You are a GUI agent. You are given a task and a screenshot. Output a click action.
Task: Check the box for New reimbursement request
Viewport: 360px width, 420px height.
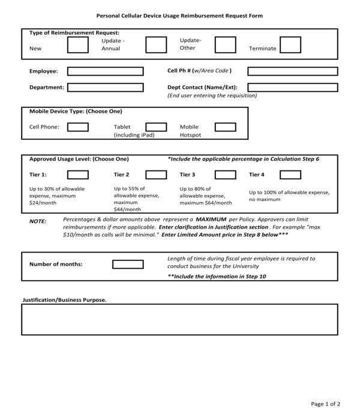[77, 45]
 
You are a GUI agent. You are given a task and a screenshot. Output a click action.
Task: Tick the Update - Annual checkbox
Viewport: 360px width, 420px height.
[156, 45]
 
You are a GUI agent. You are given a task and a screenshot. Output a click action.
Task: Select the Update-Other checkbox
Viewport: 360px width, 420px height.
[225, 45]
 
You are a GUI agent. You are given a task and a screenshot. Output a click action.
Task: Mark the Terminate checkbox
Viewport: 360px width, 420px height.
[290, 45]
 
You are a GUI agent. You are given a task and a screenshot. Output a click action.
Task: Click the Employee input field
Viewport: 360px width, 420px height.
[105, 71]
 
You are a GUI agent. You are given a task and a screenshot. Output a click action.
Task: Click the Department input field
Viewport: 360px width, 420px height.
[105, 88]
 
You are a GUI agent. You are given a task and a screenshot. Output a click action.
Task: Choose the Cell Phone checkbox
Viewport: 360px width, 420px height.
[78, 127]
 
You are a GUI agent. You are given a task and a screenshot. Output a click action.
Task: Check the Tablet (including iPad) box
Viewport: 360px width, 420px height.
[156, 127]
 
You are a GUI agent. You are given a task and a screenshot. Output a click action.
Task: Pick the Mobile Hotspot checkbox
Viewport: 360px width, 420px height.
[225, 127]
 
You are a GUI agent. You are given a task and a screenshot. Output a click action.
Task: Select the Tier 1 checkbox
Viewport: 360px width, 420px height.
[78, 175]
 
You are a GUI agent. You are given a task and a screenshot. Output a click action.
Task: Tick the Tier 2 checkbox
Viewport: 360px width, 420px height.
[156, 175]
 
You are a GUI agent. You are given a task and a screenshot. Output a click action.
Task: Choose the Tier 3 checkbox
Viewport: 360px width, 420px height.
[225, 175]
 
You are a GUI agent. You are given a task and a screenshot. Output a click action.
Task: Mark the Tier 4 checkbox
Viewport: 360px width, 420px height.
[290, 175]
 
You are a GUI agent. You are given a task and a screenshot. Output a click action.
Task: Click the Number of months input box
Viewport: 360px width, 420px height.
[128, 264]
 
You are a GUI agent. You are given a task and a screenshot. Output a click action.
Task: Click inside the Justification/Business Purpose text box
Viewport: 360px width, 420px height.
[180, 319]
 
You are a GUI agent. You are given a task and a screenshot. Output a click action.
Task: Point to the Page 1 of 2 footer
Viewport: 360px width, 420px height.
[326, 403]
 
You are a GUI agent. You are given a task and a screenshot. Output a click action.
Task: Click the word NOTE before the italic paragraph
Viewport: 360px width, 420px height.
[38, 221]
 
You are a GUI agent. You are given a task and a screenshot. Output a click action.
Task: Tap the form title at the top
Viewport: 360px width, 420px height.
[179, 16]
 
